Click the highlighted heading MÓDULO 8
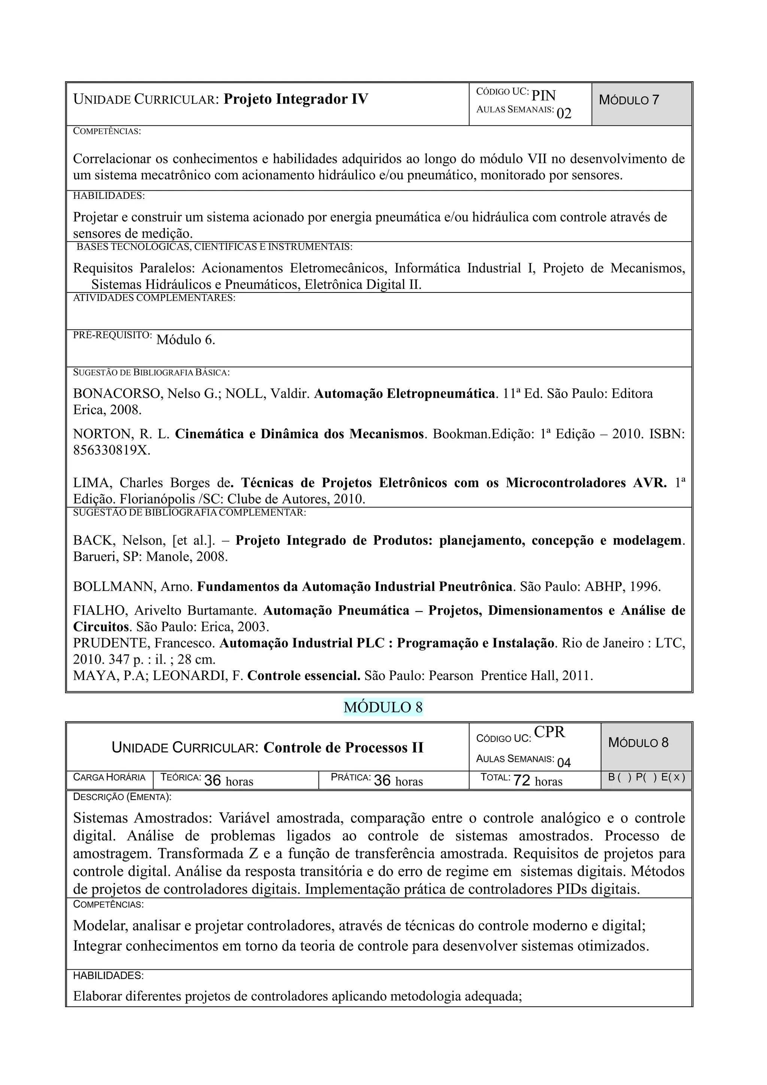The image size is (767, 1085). tap(383, 707)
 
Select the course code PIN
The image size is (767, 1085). tap(543, 96)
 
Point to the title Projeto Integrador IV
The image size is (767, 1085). tap(295, 99)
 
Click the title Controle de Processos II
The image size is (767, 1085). tap(343, 748)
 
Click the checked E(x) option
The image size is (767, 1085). tap(673, 778)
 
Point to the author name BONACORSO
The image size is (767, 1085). tap(116, 394)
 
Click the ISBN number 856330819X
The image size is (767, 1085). tap(112, 450)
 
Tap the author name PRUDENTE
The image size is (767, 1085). tap(111, 643)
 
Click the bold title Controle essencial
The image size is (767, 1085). tap(304, 676)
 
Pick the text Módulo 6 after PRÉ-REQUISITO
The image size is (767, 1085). tap(186, 340)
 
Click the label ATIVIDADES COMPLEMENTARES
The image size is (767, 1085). tap(154, 298)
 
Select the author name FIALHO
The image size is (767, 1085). tap(100, 610)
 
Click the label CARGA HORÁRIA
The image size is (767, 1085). tap(109, 778)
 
